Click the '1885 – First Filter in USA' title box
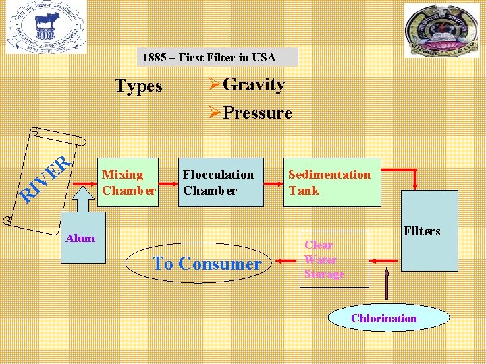(x=217, y=57)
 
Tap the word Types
(x=138, y=86)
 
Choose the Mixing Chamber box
(x=128, y=182)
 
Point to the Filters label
(x=421, y=231)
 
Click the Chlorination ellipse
(x=384, y=318)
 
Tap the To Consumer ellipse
(x=207, y=264)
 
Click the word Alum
(x=80, y=238)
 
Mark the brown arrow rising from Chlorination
(x=387, y=283)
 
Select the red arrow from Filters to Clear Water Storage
(x=384, y=260)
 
